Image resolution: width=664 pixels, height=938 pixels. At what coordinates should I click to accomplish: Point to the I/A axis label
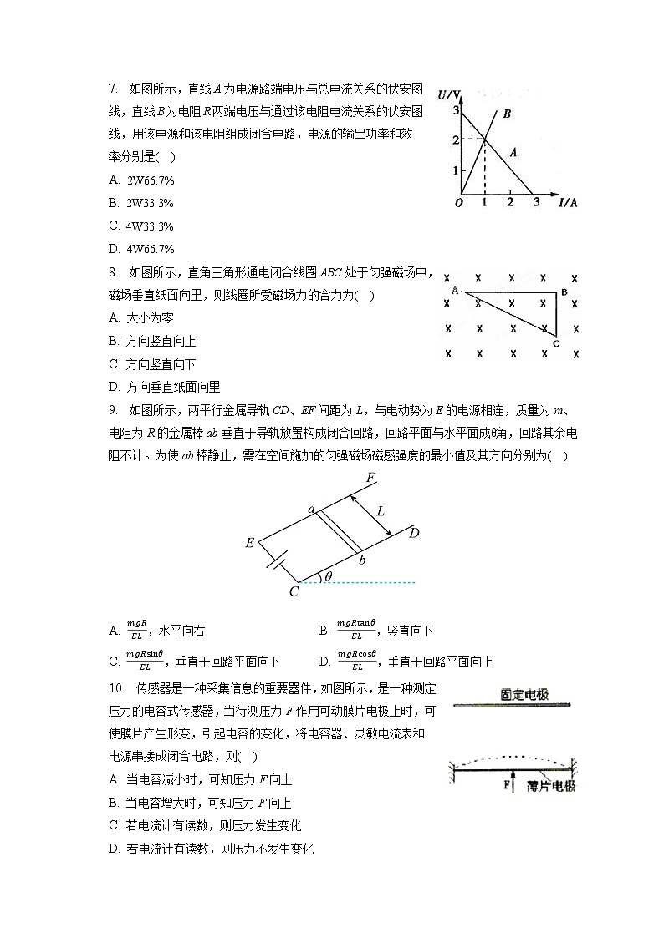click(x=568, y=202)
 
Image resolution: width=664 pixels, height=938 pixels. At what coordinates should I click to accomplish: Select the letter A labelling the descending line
click(x=513, y=153)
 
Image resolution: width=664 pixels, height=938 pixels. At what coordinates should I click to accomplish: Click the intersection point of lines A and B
click(x=485, y=139)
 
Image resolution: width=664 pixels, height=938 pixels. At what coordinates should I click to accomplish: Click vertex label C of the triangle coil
click(x=555, y=343)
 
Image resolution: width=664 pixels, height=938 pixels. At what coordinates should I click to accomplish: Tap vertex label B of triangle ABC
click(x=564, y=292)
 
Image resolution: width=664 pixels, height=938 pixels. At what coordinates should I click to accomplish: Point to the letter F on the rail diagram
click(x=370, y=478)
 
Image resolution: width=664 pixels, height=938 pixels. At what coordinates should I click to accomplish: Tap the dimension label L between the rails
click(x=381, y=510)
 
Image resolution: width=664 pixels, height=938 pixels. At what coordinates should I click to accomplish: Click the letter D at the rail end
click(x=413, y=534)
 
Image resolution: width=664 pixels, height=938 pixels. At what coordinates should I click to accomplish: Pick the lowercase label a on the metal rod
click(x=311, y=509)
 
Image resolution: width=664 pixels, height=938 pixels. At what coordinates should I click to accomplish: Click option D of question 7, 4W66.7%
click(x=142, y=249)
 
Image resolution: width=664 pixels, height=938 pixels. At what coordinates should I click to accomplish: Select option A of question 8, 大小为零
click(x=142, y=317)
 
